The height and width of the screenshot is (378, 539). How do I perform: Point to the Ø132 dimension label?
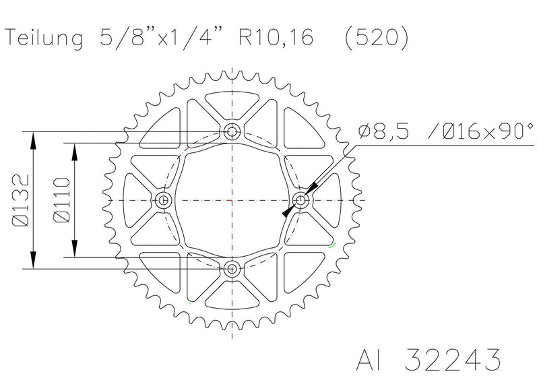[20, 200]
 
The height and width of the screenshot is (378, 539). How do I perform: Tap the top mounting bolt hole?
[232, 131]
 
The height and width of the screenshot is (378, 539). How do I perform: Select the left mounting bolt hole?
[163, 200]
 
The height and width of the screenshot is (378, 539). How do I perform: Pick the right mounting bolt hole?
[302, 200]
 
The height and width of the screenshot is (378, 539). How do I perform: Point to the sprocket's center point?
[232, 200]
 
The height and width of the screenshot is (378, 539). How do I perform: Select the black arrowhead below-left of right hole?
[288, 212]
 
